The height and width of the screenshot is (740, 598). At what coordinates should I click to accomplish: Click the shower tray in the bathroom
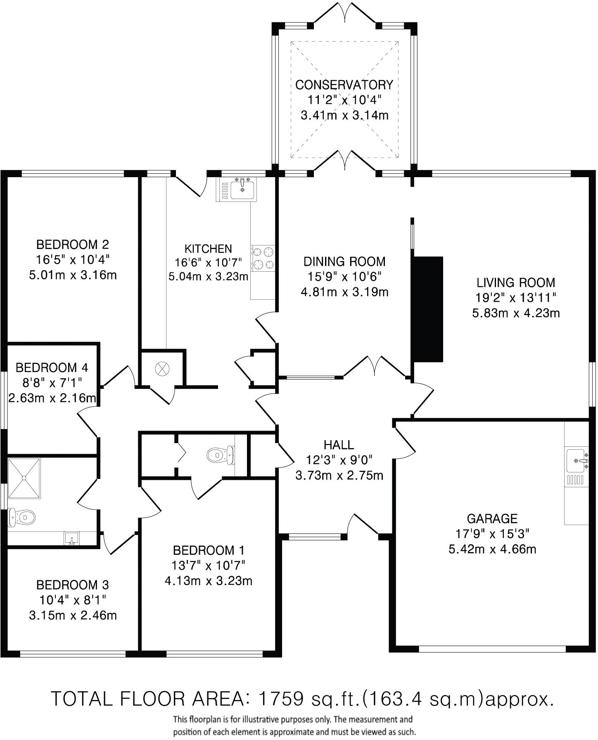[x=24, y=478]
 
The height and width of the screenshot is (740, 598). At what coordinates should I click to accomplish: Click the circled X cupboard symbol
[x=161, y=368]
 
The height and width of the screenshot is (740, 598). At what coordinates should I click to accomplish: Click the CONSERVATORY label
[x=344, y=85]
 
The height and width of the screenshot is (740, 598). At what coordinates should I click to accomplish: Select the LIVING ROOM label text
[x=516, y=283]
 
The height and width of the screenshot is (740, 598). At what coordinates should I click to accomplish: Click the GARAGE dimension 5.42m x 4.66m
[x=492, y=549]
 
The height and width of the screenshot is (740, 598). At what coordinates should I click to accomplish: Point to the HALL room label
[x=339, y=445]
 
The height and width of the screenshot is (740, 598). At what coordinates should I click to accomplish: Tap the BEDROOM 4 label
[x=52, y=367]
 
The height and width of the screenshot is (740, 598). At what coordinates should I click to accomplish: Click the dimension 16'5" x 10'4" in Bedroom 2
[x=73, y=260]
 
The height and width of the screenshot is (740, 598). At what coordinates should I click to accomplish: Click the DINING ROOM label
[x=344, y=261]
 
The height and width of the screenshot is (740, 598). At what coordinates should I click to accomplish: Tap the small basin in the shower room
[x=71, y=538]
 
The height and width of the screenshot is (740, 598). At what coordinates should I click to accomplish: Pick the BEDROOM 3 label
[x=73, y=585]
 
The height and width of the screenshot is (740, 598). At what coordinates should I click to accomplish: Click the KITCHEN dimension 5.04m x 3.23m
[x=209, y=276]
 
